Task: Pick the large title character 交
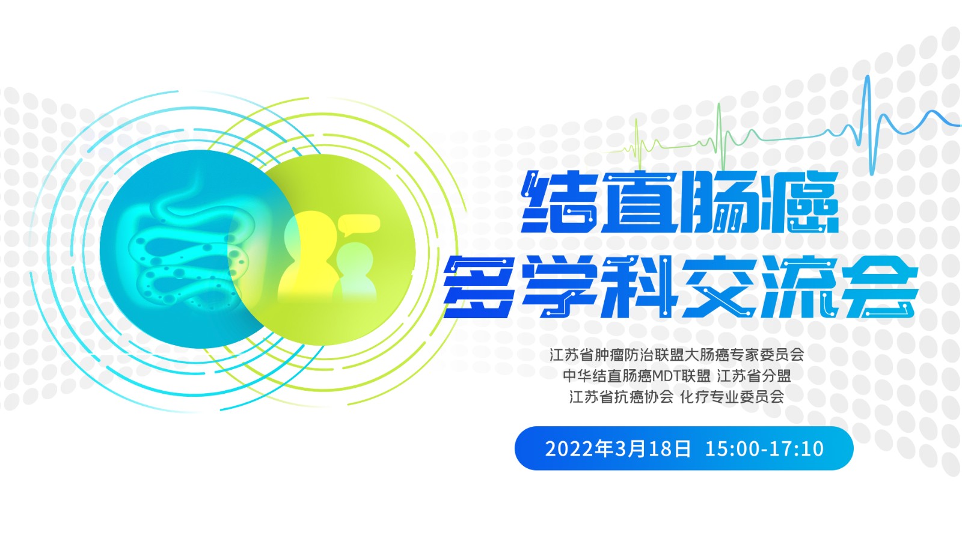720,287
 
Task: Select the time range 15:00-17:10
764,448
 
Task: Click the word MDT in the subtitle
669,376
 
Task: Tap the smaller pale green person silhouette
355,271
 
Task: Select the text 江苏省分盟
754,376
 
